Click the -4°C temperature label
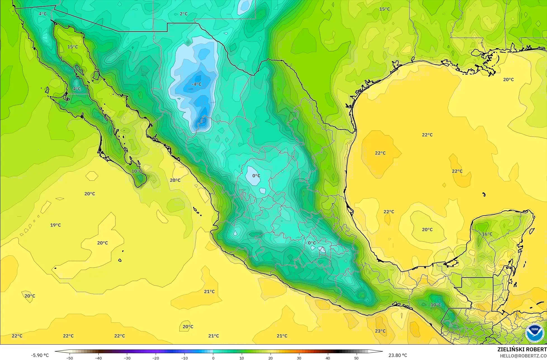(x=196, y=84)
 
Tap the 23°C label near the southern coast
(x=380, y=331)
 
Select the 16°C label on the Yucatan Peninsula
(x=487, y=234)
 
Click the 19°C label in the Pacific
(x=55, y=225)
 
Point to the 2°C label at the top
(x=184, y=14)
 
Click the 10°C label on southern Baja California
(x=137, y=171)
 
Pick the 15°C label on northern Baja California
(x=72, y=47)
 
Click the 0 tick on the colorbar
(x=213, y=358)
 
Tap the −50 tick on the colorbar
(x=70, y=358)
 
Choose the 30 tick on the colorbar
(x=299, y=358)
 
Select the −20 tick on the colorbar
(x=156, y=358)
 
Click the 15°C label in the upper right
(x=384, y=9)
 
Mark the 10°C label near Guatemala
(x=435, y=305)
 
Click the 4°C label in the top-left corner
(x=43, y=14)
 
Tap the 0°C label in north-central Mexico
(x=256, y=176)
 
